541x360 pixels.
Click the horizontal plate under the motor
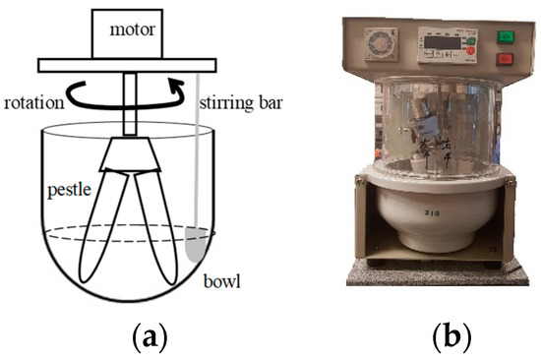click(125, 66)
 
